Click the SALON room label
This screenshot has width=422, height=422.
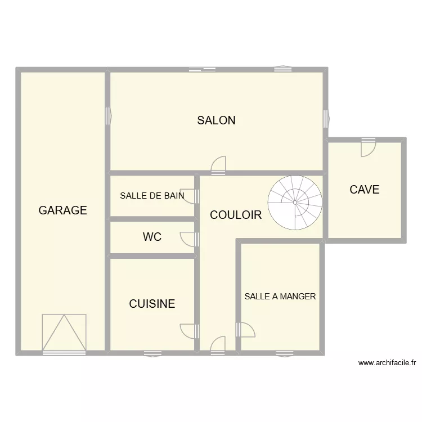click(x=216, y=120)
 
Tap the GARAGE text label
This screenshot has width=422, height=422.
click(x=62, y=210)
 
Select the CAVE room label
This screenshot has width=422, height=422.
click(x=365, y=190)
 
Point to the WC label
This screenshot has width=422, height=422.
click(x=152, y=237)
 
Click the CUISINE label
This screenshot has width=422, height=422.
click(x=152, y=304)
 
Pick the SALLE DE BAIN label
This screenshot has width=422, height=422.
click(x=152, y=196)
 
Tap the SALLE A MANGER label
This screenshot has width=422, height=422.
click(x=280, y=297)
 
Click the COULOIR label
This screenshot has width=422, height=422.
click(x=236, y=215)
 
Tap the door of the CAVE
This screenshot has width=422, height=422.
click(x=369, y=147)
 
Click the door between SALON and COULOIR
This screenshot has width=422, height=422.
click(x=218, y=164)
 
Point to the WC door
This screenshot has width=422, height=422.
click(x=190, y=239)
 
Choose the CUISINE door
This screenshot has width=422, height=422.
click(x=190, y=331)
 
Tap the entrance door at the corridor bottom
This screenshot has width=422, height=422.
click(x=218, y=344)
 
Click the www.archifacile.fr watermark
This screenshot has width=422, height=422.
click(x=387, y=363)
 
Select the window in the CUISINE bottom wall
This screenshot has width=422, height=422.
click(x=152, y=353)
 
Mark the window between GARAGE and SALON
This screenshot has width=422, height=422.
click(x=107, y=115)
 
